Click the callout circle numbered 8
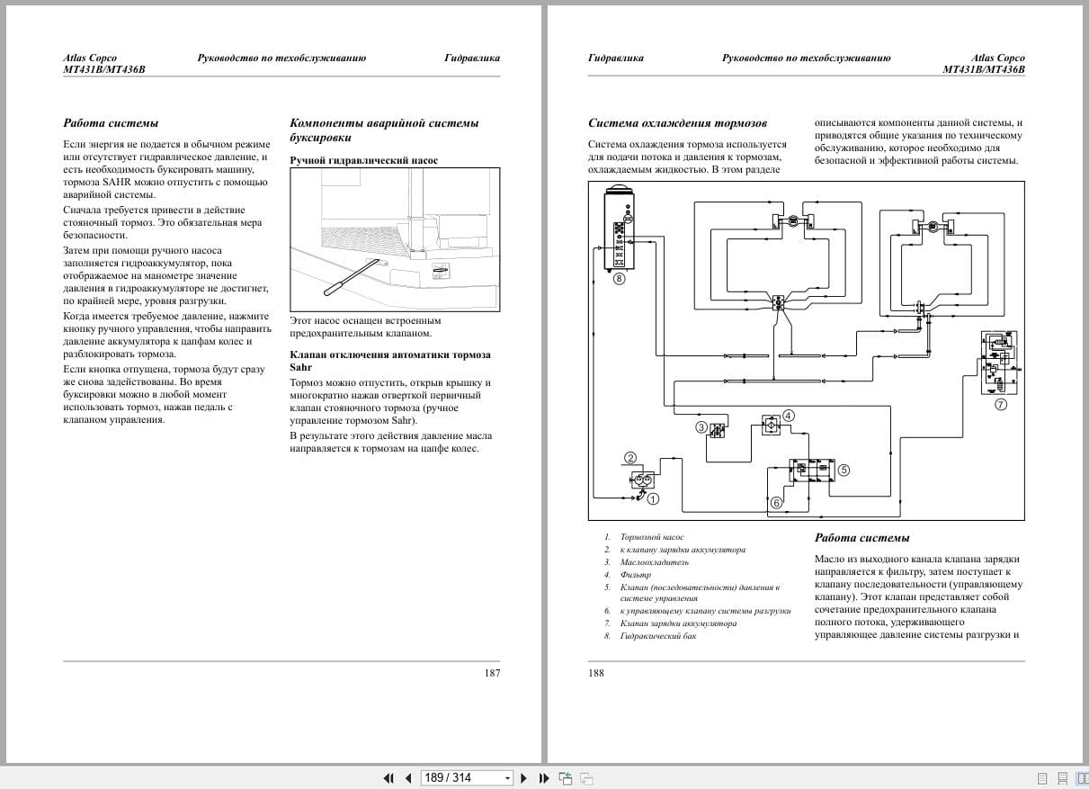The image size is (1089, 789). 619,279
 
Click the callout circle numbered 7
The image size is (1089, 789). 1001,404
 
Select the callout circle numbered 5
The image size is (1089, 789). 843,470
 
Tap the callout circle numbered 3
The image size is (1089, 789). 701,427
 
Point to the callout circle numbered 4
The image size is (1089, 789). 788,416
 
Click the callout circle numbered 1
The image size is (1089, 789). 653,498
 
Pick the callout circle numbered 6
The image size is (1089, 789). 776,503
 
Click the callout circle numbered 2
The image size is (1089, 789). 630,458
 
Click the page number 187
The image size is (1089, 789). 492,673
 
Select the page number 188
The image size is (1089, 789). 596,673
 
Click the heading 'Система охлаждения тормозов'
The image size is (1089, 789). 677,123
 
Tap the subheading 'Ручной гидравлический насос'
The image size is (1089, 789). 364,160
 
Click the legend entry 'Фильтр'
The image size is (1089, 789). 635,574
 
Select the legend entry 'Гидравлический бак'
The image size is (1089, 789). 658,636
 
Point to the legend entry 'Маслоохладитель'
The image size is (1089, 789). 655,562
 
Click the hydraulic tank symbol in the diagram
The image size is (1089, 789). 619,229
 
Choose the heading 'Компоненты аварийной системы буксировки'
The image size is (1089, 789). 384,130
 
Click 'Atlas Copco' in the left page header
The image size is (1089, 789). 90,58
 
